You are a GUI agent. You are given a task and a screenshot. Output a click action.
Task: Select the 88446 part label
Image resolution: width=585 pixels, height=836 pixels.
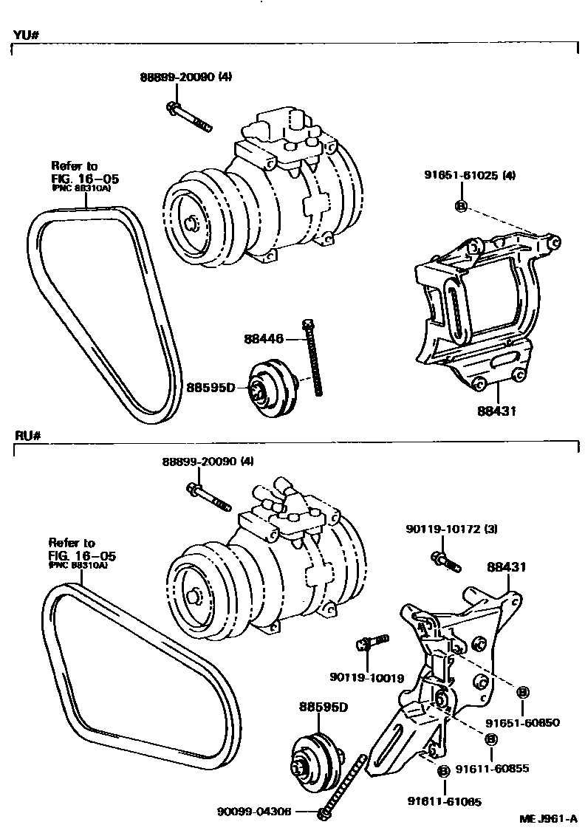coord(264,339)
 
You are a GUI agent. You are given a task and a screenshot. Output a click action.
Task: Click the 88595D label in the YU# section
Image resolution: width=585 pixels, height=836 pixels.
coord(211,387)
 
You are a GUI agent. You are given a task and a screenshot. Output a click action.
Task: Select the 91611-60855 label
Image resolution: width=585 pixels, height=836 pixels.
coord(492,769)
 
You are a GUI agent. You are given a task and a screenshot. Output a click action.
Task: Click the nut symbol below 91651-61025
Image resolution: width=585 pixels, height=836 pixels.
coord(459,205)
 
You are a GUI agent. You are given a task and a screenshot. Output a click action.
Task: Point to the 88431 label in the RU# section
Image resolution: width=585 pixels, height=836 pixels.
coord(505,567)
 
